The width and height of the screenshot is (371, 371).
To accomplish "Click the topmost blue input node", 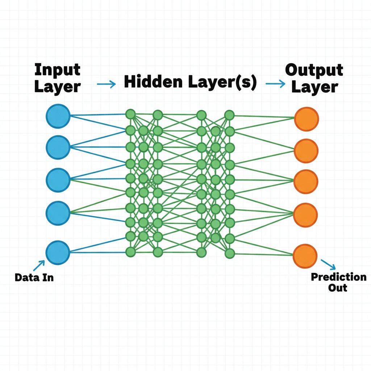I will (x=58, y=116).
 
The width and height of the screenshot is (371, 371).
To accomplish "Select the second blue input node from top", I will (x=58, y=147).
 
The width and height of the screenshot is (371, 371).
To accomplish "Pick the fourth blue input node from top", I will (x=58, y=212).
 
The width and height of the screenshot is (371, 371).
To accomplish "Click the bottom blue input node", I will (x=58, y=251).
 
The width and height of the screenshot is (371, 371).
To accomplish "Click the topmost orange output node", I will (x=306, y=119).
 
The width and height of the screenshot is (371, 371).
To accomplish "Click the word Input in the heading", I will (x=58, y=70).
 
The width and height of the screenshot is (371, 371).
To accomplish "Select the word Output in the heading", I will (x=314, y=70).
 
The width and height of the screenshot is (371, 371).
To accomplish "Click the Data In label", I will (x=34, y=278).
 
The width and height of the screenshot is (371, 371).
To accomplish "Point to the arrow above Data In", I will (x=39, y=266).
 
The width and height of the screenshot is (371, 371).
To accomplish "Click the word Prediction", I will (x=338, y=277).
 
